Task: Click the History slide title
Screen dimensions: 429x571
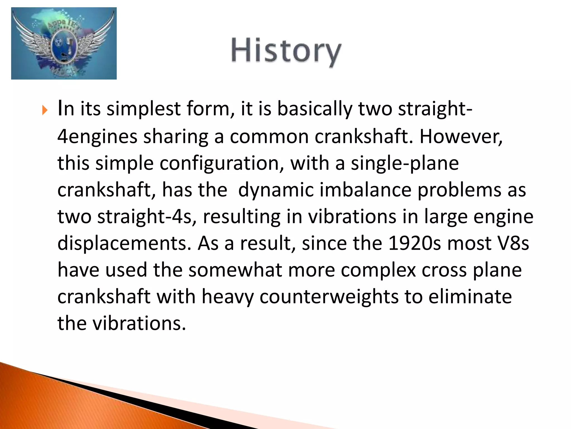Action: click(286, 51)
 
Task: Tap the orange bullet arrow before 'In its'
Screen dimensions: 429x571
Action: click(45, 111)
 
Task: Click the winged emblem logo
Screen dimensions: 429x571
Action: click(64, 44)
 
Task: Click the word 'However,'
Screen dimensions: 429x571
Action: click(461, 136)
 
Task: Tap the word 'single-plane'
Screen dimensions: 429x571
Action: click(405, 163)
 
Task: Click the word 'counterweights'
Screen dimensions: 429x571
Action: click(329, 297)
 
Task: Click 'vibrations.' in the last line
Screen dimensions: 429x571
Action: click(139, 323)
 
